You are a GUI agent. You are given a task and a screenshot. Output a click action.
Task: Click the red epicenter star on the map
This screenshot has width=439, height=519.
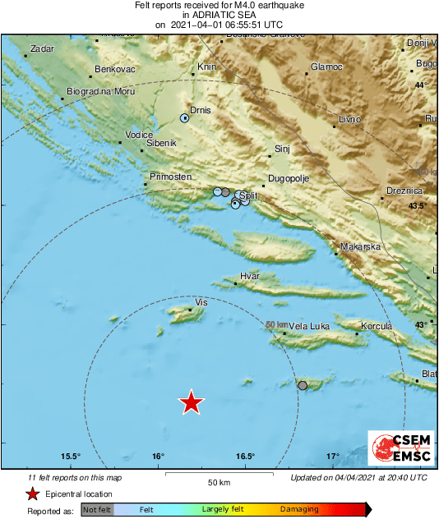coord(191,402)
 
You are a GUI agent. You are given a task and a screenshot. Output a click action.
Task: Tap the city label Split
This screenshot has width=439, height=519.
coord(249,195)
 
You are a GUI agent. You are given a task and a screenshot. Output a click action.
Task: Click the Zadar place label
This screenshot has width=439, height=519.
coord(41,49)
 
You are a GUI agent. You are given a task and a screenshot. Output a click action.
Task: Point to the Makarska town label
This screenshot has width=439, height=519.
coord(360,246)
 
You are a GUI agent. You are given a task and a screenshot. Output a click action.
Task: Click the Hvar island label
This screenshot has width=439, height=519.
coord(249,277)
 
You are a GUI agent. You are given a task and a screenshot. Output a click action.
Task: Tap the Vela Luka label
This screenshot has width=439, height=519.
coord(309,326)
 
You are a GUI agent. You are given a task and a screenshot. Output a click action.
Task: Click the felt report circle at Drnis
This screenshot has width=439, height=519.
coord(185,118)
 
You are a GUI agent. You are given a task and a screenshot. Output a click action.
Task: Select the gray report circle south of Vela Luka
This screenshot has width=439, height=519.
coord(303,385)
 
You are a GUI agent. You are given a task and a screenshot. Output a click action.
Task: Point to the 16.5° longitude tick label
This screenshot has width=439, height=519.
coord(245,457)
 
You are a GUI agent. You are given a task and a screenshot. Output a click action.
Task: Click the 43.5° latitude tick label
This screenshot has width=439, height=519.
coord(418,206)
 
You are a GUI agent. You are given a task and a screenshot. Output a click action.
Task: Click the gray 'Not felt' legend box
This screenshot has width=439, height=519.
coord(96,510)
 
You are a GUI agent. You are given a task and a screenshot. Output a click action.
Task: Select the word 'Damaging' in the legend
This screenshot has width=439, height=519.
coord(298,510)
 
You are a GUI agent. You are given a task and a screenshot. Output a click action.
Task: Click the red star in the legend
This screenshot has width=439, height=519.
coord(32,494)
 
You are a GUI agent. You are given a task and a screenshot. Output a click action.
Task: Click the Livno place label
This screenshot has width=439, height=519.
coord(349,120)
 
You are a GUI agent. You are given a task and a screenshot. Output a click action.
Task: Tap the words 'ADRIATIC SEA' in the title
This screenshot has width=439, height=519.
coord(219,15)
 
